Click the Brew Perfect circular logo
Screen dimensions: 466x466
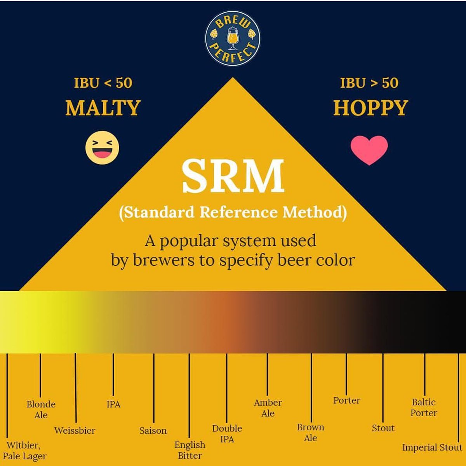233,38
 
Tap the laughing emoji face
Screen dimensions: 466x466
102,148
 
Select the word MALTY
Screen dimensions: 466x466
103,108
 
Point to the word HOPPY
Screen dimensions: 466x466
371,108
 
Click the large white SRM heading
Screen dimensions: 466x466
233,176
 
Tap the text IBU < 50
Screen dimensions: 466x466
103,83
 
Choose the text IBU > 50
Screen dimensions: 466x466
369,83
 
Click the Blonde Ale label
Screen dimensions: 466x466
41,409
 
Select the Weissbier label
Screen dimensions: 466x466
75,430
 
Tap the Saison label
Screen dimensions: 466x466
153,430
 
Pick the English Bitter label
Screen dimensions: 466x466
190,450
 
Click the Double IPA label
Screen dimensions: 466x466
227,434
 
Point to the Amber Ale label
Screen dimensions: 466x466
268,408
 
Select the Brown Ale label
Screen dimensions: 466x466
311,433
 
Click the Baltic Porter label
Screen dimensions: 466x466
424,407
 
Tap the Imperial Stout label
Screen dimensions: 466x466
432,447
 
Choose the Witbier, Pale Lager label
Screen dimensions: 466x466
24,450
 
